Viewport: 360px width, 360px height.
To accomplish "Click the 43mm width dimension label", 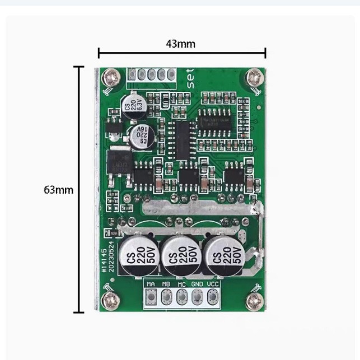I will [181, 44].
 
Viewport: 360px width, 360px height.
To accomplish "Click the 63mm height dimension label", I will [58, 190].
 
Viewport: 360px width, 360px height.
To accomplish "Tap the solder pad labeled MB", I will [166, 297].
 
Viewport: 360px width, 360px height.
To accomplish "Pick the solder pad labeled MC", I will [181, 297].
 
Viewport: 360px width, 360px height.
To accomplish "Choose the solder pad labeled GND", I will [197, 297].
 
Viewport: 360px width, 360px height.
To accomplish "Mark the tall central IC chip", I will [183, 140].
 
